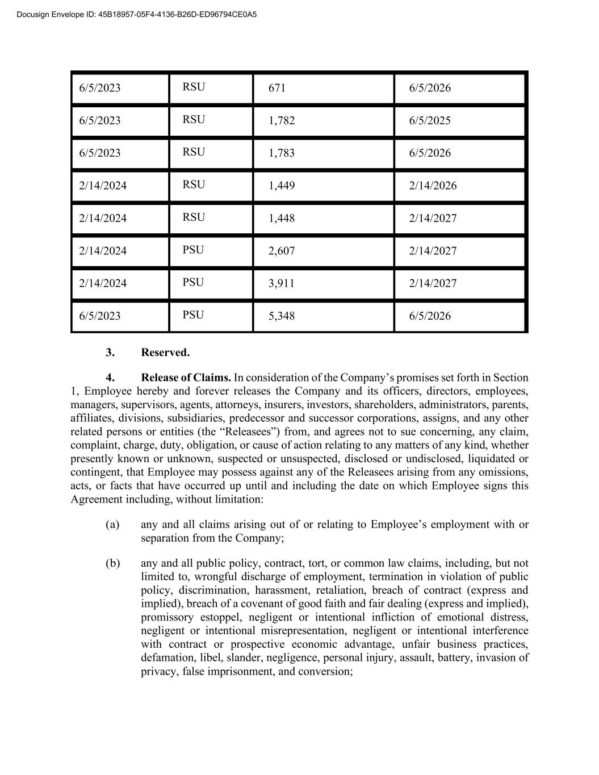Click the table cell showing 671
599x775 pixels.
click(x=277, y=88)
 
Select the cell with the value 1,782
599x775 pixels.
click(x=282, y=120)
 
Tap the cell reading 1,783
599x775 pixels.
click(x=282, y=153)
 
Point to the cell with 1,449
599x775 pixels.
click(x=282, y=186)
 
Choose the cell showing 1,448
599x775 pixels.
click(x=282, y=219)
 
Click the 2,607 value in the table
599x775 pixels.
click(x=282, y=251)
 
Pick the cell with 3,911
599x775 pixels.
click(x=282, y=283)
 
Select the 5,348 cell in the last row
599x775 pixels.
click(x=282, y=316)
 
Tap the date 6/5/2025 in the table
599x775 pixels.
click(x=430, y=120)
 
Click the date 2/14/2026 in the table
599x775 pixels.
click(x=433, y=186)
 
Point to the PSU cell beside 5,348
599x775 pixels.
click(x=193, y=315)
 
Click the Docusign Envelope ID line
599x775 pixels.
click(x=137, y=14)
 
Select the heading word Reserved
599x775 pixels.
click(x=165, y=353)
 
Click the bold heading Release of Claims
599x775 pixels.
click(x=186, y=378)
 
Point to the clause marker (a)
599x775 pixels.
click(x=112, y=524)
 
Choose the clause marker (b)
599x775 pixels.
click(x=112, y=563)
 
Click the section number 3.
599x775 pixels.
click(x=110, y=353)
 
